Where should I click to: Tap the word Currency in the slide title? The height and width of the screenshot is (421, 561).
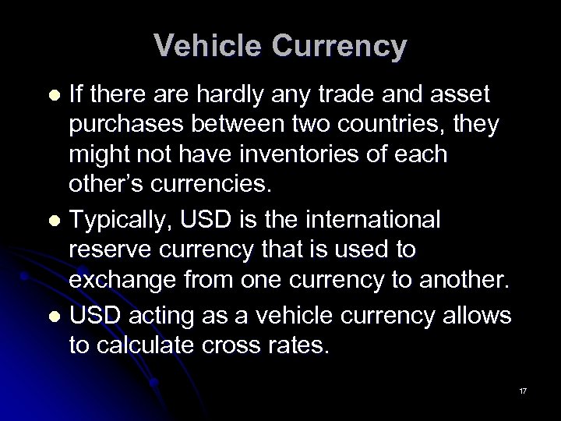coord(337,46)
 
